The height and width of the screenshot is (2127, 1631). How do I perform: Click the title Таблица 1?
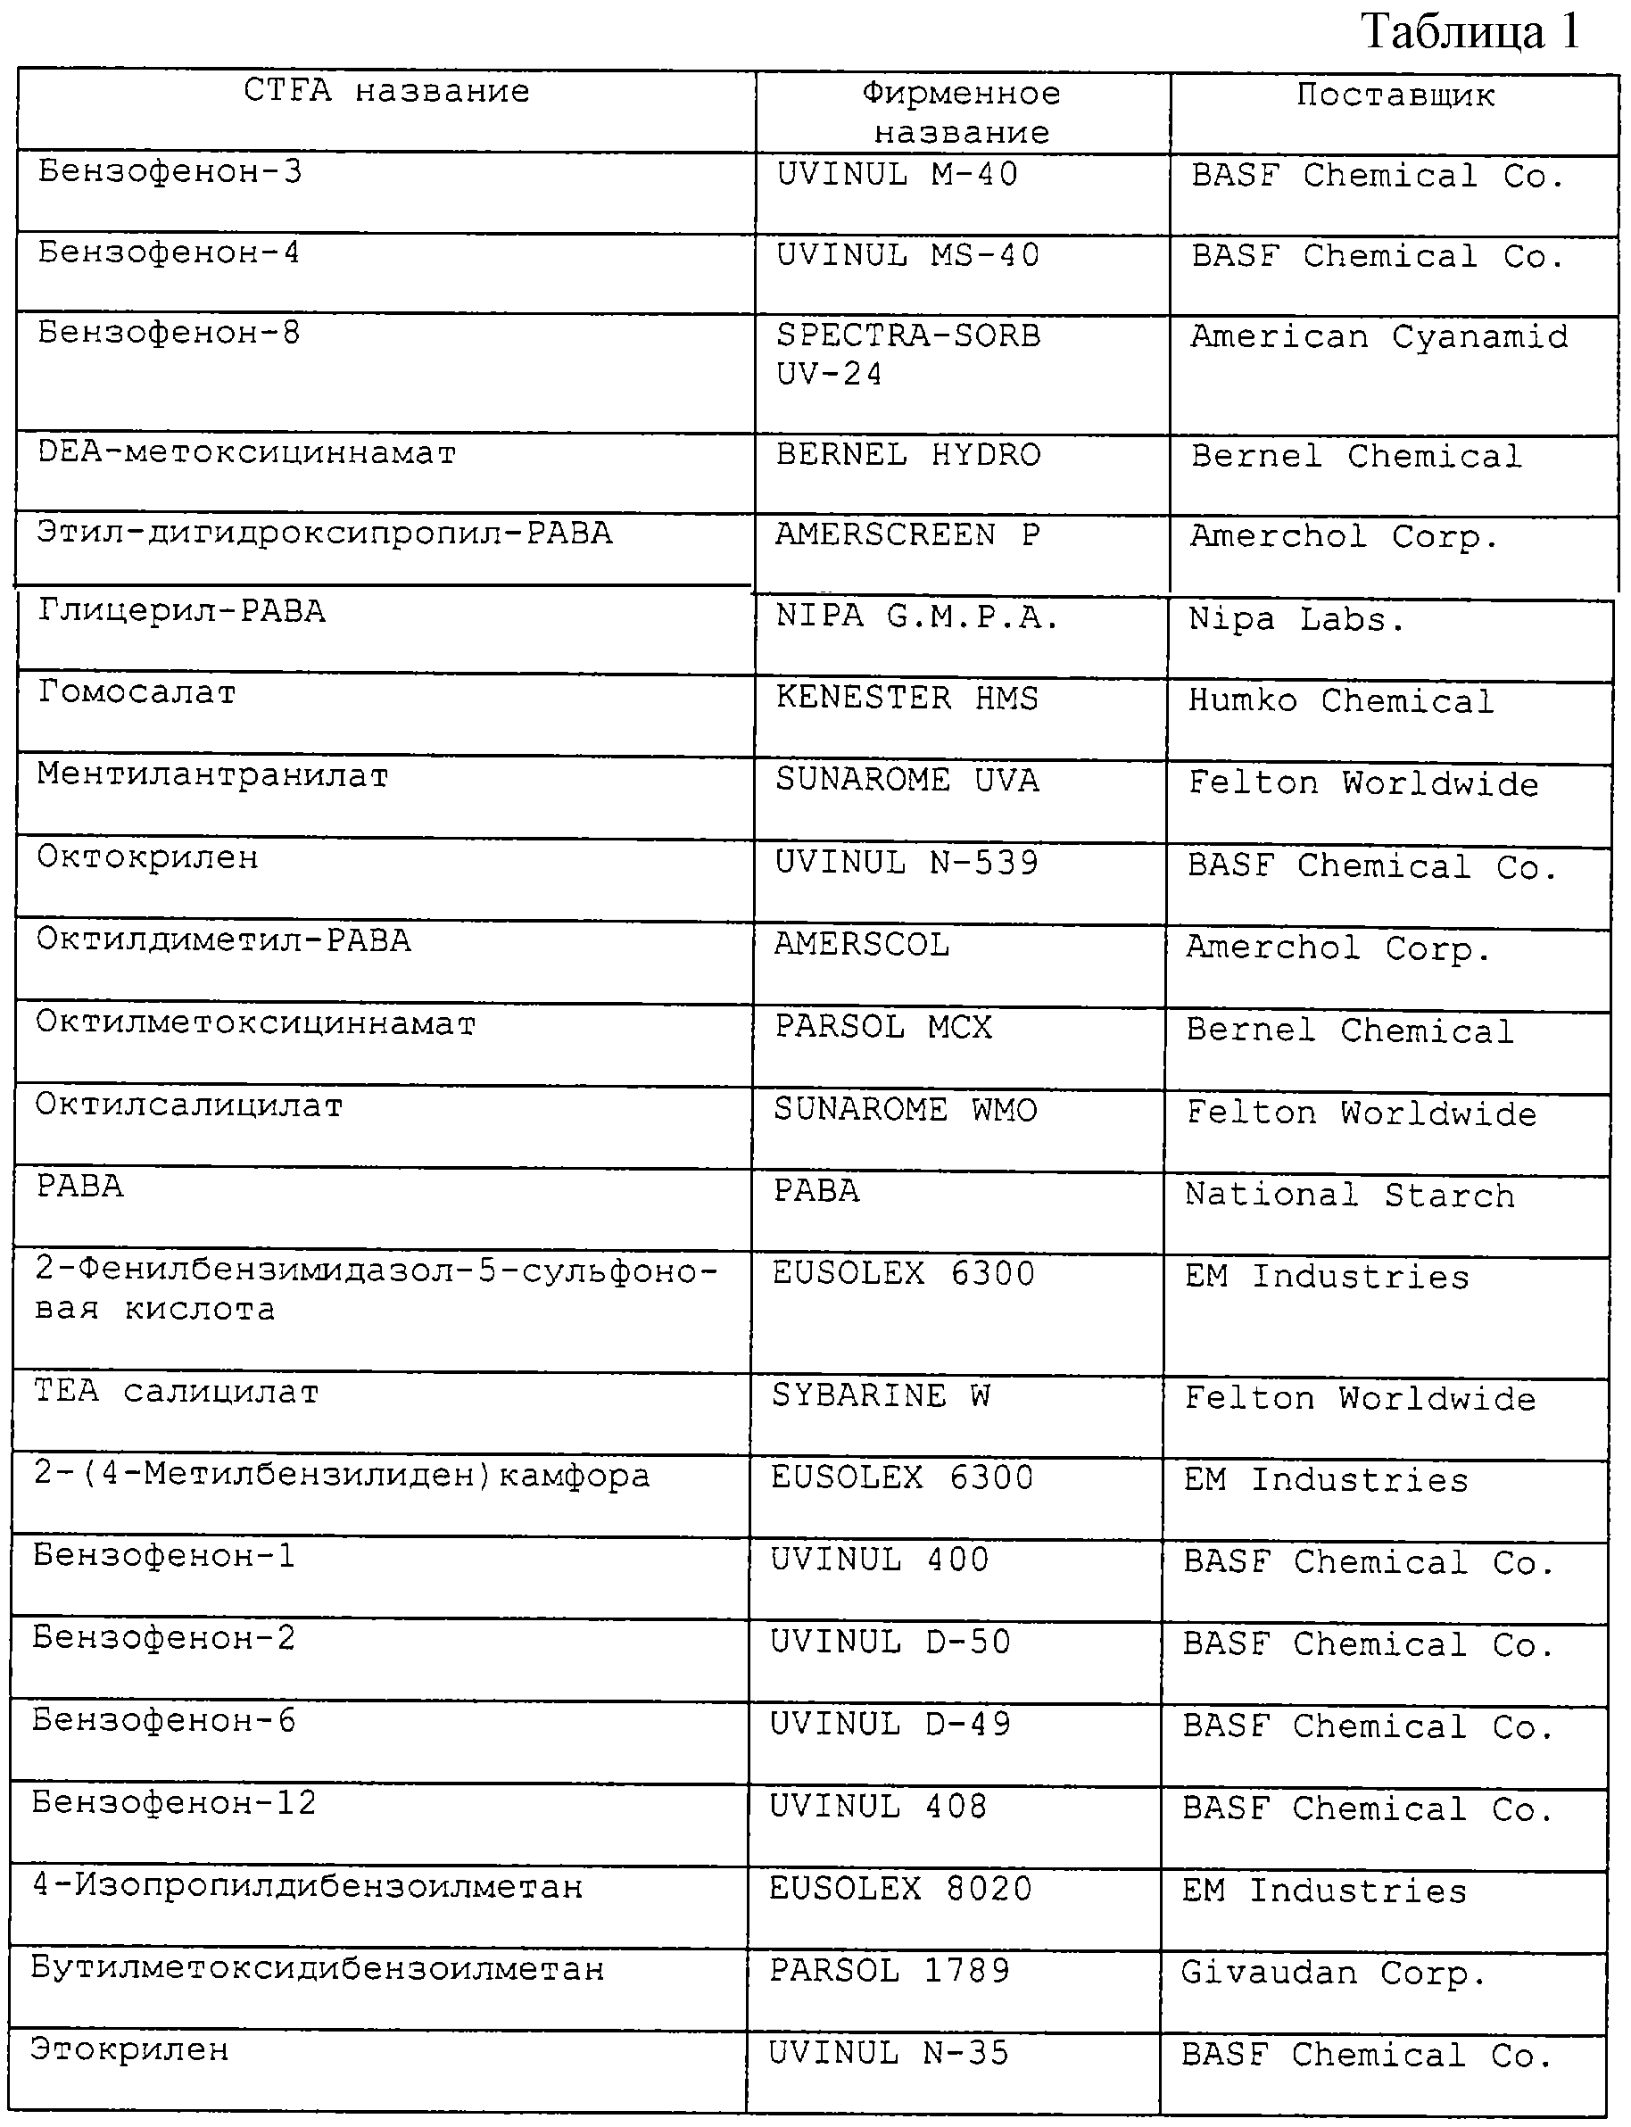[x=1470, y=31]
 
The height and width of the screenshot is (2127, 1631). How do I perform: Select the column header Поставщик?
[x=1395, y=95]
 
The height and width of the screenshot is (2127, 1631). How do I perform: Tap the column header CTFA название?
[x=386, y=91]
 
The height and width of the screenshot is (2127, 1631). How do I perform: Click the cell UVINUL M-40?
[x=897, y=175]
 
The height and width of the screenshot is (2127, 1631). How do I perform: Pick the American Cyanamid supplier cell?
[x=1378, y=337]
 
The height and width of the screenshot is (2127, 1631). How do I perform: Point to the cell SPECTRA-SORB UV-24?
[x=907, y=354]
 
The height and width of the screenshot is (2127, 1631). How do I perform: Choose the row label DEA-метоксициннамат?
[x=246, y=453]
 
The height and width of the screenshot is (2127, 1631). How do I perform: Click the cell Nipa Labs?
[x=1296, y=619]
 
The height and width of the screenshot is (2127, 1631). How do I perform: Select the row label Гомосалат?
[x=137, y=693]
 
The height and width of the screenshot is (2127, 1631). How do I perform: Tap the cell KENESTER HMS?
[x=907, y=699]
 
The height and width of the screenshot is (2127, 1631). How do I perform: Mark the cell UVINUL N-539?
[x=907, y=863]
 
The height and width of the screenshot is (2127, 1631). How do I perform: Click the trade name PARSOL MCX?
[x=883, y=1028]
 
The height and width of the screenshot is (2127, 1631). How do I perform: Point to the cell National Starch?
[x=1349, y=1195]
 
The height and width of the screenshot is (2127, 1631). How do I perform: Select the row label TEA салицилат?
[x=177, y=1392]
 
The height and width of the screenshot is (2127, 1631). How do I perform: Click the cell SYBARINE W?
[x=881, y=1396]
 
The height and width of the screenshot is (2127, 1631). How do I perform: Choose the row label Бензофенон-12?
[x=175, y=1803]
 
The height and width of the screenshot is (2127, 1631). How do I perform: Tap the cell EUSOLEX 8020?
[x=901, y=1888]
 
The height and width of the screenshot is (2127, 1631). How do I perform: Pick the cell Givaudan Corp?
[x=1333, y=1973]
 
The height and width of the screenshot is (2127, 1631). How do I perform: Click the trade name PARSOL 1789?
[x=890, y=1971]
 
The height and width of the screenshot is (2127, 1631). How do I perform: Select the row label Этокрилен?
[x=130, y=2049]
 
